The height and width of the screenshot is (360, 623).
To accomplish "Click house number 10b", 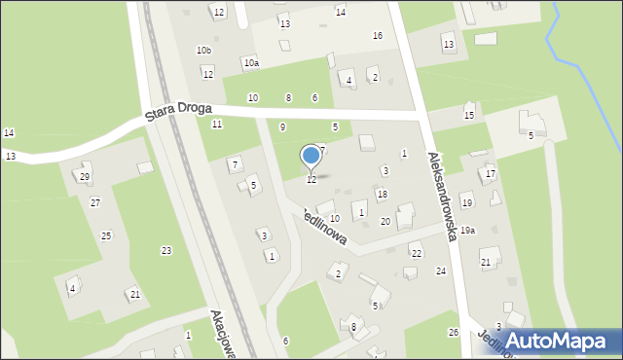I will pos(203,50).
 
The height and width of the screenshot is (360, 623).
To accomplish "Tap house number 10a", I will pos(251,63).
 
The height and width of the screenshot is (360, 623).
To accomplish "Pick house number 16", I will pos(378,36).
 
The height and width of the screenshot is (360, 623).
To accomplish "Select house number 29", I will pos(85,176).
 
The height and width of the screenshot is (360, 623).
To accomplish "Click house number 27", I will pos(95,202).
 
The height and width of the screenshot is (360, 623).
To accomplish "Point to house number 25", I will pos(106,235).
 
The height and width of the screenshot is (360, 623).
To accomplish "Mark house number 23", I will pos(166,251).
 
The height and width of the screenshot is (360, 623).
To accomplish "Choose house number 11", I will pos(217,124).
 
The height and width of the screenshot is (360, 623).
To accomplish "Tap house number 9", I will pos(282,126).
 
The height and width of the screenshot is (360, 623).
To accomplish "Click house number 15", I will pos(469,116).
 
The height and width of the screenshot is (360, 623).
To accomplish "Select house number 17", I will pos(491,173).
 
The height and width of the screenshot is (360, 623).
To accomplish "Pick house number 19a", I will pos(468,231).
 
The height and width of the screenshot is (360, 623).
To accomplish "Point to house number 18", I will pos(383,195).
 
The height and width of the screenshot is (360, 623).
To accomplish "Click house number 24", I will pos(441,270).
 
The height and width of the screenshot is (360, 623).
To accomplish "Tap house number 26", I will pos(453,333).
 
